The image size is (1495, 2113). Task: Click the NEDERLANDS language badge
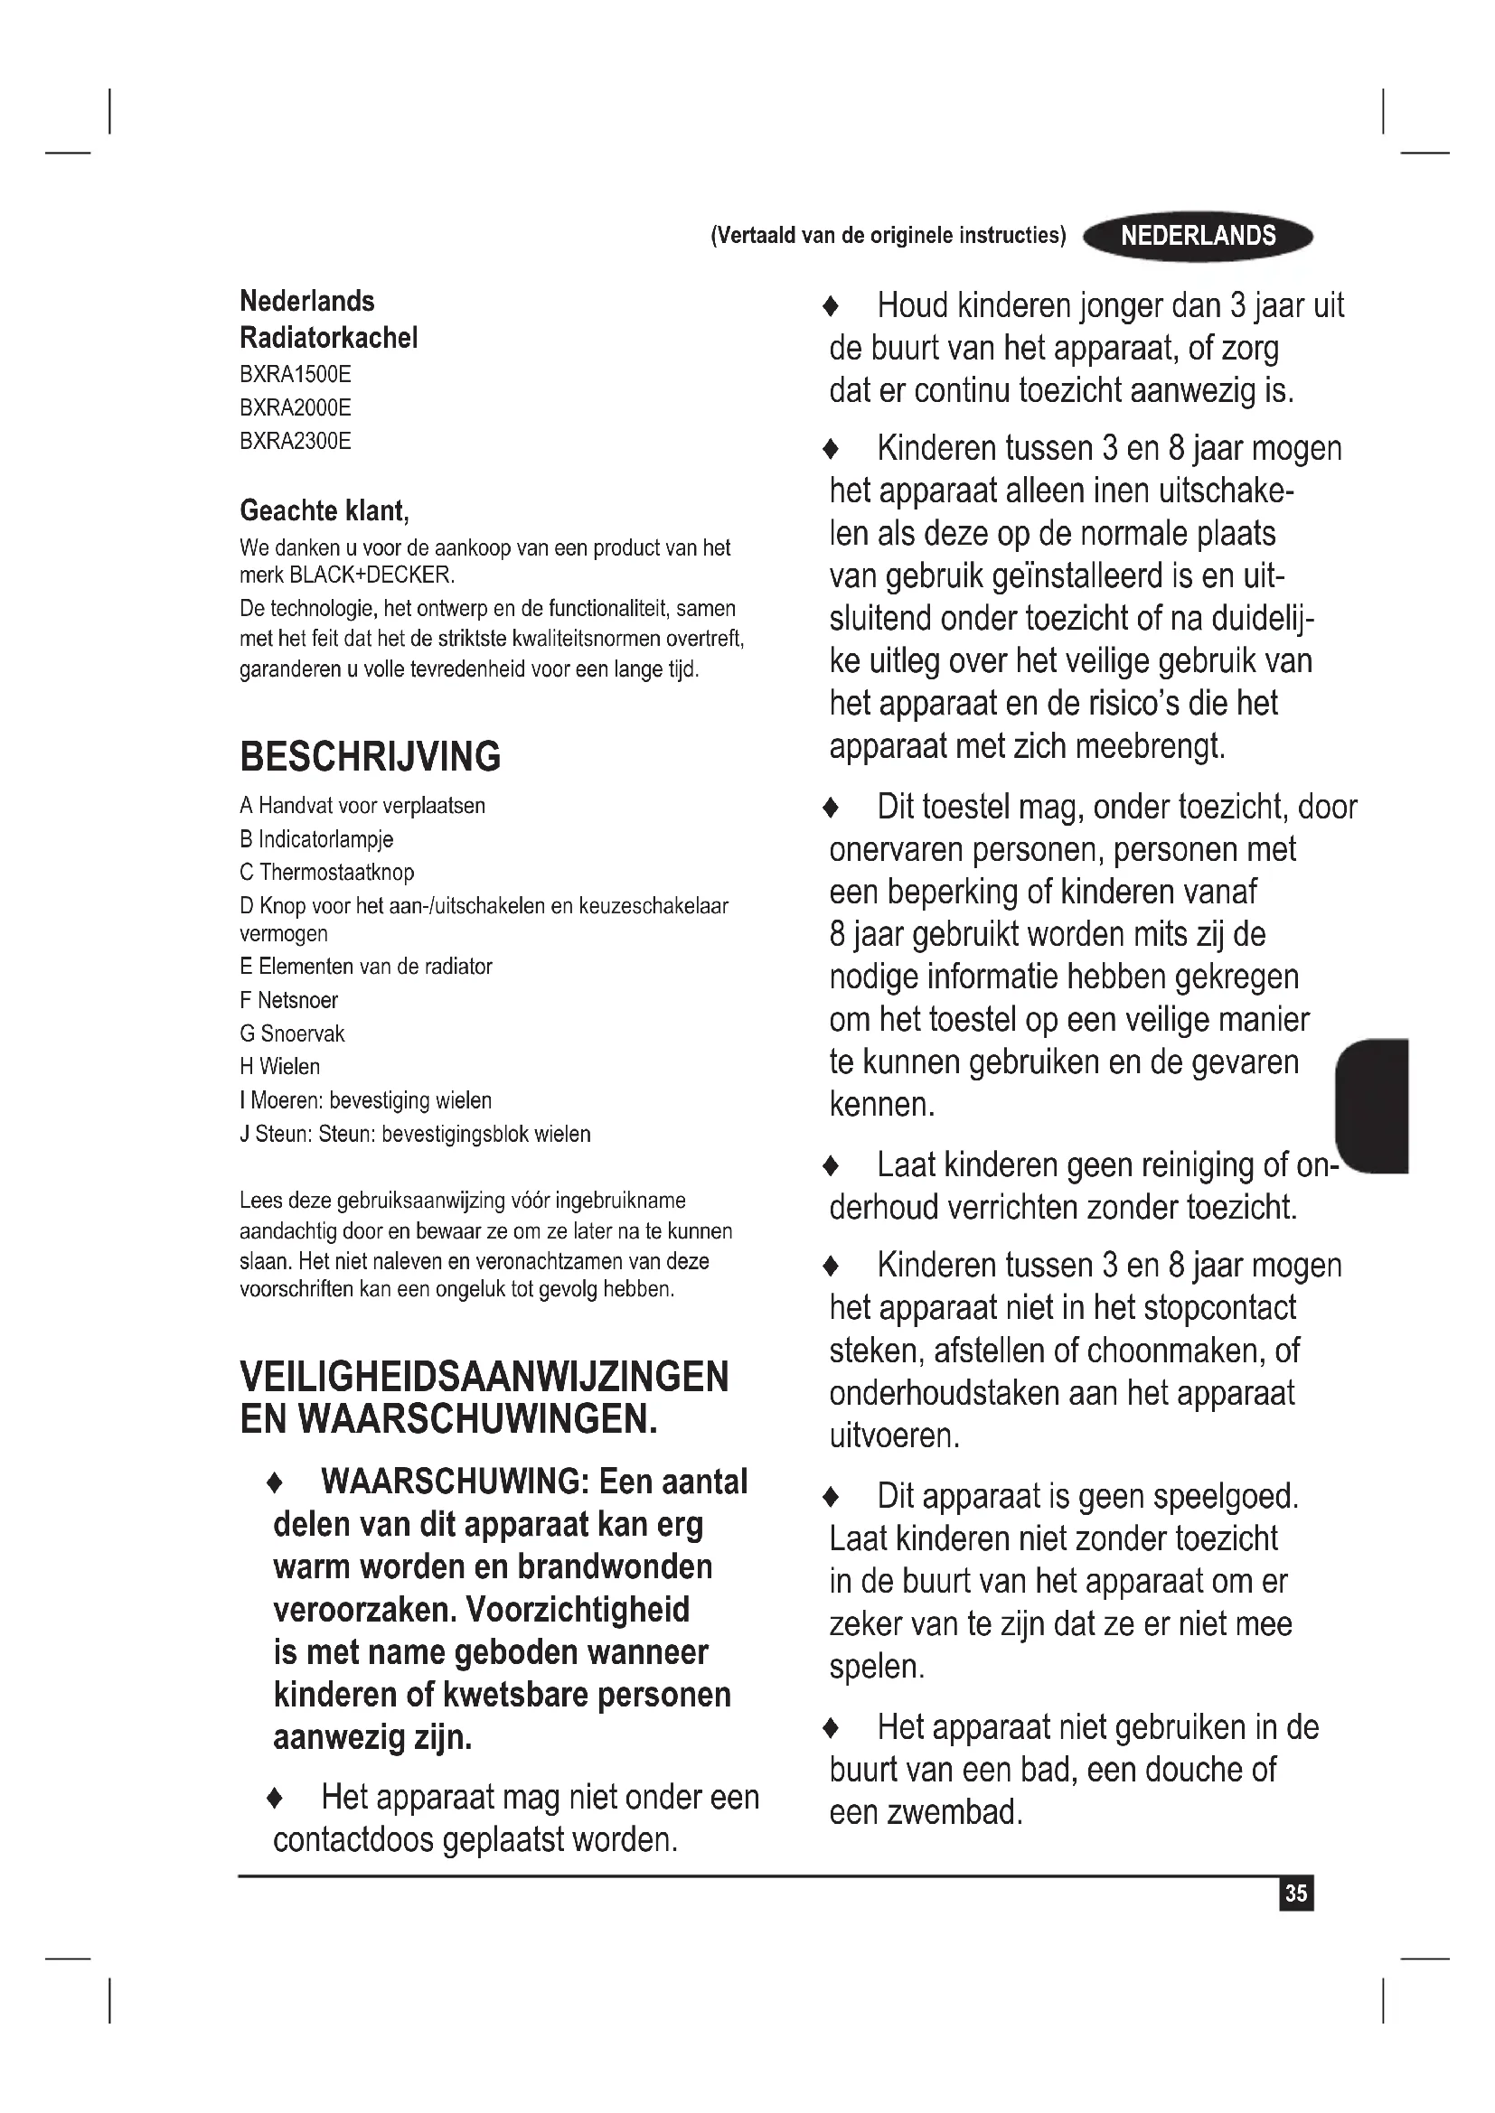pyautogui.click(x=1198, y=237)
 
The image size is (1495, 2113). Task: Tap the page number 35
pyautogui.click(x=1296, y=1893)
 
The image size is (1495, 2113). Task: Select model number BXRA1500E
pyautogui.click(x=296, y=375)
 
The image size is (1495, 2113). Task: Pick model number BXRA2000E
pyautogui.click(x=296, y=407)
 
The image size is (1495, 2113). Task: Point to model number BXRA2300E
pyautogui.click(x=296, y=441)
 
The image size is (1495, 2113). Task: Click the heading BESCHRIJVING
pyautogui.click(x=370, y=756)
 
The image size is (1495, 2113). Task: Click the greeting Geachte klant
pyautogui.click(x=324, y=510)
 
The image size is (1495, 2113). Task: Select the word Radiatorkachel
pyautogui.click(x=329, y=338)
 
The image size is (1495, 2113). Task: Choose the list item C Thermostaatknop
pyautogui.click(x=327, y=872)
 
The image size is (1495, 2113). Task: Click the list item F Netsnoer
pyautogui.click(x=288, y=999)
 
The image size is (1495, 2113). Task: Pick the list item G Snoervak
pyautogui.click(x=292, y=1033)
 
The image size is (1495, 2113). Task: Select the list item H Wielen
pyautogui.click(x=280, y=1067)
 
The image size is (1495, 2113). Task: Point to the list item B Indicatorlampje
pyautogui.click(x=315, y=838)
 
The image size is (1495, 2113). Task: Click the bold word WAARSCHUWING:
pyautogui.click(x=455, y=1482)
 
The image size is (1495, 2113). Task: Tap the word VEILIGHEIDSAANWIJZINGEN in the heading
pyautogui.click(x=484, y=1377)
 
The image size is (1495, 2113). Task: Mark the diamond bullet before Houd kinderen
pyautogui.click(x=832, y=306)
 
